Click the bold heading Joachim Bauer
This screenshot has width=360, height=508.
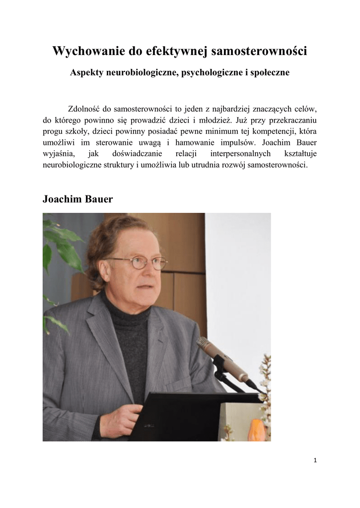77,199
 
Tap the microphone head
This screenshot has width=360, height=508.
205,344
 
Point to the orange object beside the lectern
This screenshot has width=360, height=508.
256,428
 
